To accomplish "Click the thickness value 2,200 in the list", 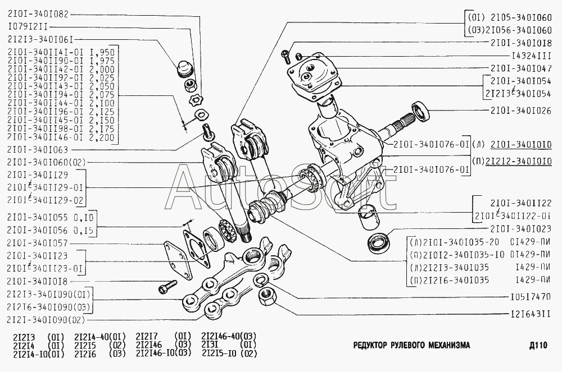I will tap(105, 137).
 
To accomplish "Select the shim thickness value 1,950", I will tap(105, 51).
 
